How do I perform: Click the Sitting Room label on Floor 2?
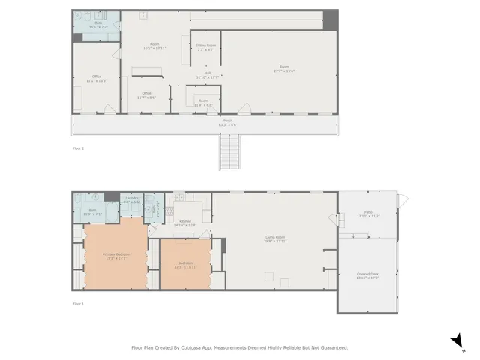pyautogui.click(x=206, y=46)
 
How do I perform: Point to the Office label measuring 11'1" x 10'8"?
pyautogui.click(x=97, y=77)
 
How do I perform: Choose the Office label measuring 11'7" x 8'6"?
pyautogui.click(x=145, y=94)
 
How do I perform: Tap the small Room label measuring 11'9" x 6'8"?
pyautogui.click(x=203, y=101)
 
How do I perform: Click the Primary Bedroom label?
pyautogui.click(x=115, y=255)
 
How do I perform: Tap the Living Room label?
pyautogui.click(x=274, y=238)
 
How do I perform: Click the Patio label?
pyautogui.click(x=368, y=214)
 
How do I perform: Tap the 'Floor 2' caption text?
pyautogui.click(x=78, y=148)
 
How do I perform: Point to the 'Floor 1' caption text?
pyautogui.click(x=78, y=304)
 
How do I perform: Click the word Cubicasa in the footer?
pyautogui.click(x=195, y=347)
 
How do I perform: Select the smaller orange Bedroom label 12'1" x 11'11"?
pyautogui.click(x=184, y=265)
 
